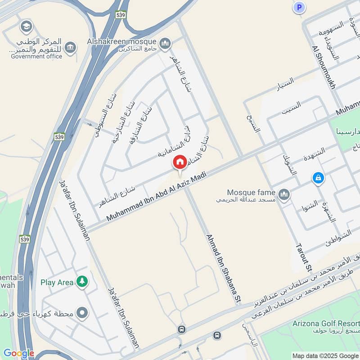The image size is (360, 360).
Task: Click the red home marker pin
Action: pyautogui.click(x=180, y=162)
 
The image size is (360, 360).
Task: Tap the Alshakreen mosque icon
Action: pyautogui.click(x=166, y=43)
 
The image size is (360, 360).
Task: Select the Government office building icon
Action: pyautogui.click(x=70, y=47)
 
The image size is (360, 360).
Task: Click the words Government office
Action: pyautogui.click(x=36, y=56)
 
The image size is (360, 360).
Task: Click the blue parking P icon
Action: pyautogui.click(x=299, y=7)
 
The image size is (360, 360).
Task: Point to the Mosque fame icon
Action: pyautogui.click(x=284, y=194)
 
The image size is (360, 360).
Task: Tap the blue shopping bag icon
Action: pyautogui.click(x=318, y=178)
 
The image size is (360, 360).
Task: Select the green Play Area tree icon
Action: pyautogui.click(x=82, y=282)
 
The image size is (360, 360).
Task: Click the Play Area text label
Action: pyautogui.click(x=57, y=283)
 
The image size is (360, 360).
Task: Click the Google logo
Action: pyautogui.click(x=18, y=353)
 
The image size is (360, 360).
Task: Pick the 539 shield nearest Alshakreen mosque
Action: pyautogui.click(x=120, y=14)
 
